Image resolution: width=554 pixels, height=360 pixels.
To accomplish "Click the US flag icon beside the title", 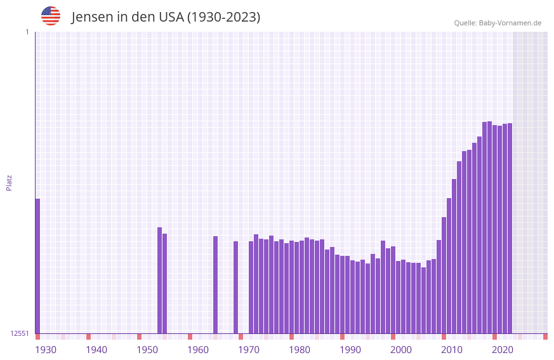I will pyautogui.click(x=51, y=16).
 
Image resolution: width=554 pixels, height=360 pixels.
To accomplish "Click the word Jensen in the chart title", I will pyautogui.click(x=91, y=17).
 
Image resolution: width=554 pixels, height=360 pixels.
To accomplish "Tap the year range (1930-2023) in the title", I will pyautogui.click(x=223, y=17).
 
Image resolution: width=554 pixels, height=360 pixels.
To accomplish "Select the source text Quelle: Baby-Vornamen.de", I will pyautogui.click(x=498, y=23).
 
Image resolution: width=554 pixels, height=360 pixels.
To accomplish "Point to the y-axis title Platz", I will pyautogui.click(x=9, y=182).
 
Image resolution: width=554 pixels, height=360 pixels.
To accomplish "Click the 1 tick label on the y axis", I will pyautogui.click(x=27, y=32).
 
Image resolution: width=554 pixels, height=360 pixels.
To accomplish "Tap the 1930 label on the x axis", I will pyautogui.click(x=46, y=350).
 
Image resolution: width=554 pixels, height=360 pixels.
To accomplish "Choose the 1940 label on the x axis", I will pyautogui.click(x=96, y=350).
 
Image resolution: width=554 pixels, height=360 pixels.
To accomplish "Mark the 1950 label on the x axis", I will pyautogui.click(x=147, y=350).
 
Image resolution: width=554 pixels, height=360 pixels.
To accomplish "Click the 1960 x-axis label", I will pyautogui.click(x=198, y=350).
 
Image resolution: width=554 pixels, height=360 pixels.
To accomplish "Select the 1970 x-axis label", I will pyautogui.click(x=249, y=350).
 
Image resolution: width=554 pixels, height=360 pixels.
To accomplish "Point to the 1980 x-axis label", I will pyautogui.click(x=300, y=350).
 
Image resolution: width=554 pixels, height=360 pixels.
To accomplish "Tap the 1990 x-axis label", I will pyautogui.click(x=350, y=350).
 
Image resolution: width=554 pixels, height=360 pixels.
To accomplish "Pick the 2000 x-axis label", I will pyautogui.click(x=401, y=350).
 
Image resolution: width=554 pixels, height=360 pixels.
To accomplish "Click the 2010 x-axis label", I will pyautogui.click(x=452, y=350).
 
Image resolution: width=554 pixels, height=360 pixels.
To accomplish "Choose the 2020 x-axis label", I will pyautogui.click(x=503, y=350).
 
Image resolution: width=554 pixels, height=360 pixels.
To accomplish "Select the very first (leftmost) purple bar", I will pyautogui.click(x=37, y=266).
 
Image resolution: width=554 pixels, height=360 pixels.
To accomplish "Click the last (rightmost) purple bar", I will pyautogui.click(x=510, y=229).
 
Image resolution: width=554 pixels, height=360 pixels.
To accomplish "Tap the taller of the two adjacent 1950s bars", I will pyautogui.click(x=159, y=280).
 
